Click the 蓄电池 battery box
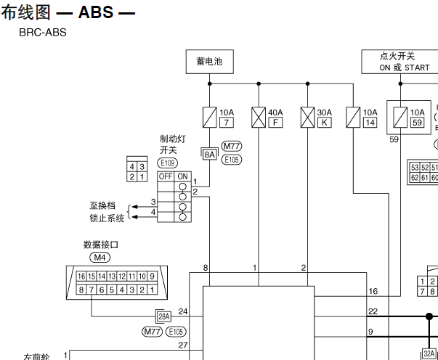tap(209, 62)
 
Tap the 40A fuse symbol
tap(258, 117)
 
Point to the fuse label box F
tap(275, 123)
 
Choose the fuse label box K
tap(324, 123)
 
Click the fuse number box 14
tap(370, 123)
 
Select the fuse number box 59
tap(417, 123)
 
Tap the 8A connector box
tap(209, 154)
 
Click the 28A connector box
tap(163, 316)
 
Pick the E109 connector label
tap(167, 163)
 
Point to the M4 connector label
tap(100, 257)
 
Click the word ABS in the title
tap(96, 13)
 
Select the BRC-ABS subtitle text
tap(43, 33)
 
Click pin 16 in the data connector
tap(81, 277)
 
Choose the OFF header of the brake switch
tap(166, 176)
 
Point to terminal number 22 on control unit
tap(373, 311)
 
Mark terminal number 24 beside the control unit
tap(182, 311)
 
